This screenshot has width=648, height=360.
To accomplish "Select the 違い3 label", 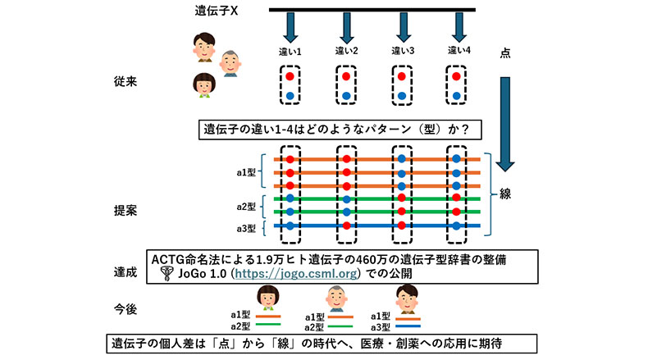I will (x=402, y=52).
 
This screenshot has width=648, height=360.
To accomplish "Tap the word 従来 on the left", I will (x=127, y=83).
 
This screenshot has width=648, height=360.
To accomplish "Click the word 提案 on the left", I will (x=127, y=210).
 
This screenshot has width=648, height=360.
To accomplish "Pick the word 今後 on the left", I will (x=127, y=308).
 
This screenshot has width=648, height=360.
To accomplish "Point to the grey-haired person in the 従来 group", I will (x=230, y=61).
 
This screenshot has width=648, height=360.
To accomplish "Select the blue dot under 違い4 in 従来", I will (x=458, y=95).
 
